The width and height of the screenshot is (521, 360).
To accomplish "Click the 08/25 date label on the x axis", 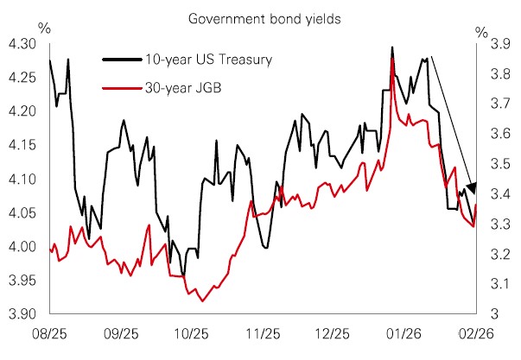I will pos(50,332).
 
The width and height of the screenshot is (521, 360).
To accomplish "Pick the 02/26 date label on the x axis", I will pos(476,332).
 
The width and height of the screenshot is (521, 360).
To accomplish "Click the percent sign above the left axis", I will pos(45,28).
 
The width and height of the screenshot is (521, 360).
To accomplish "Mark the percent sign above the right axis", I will pos(481,33).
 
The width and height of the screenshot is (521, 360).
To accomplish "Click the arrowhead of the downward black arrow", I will pos(471,187).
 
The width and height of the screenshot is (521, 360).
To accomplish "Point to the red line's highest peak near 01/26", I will pos(393,59).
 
